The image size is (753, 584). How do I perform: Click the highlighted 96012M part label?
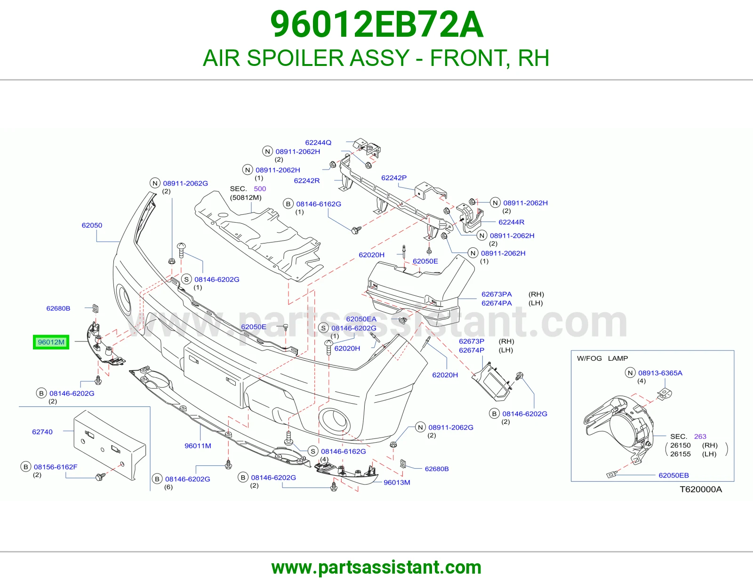[x=51, y=342]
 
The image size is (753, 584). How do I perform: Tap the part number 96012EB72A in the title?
[x=376, y=24]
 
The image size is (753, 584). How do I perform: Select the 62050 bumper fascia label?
[x=92, y=225]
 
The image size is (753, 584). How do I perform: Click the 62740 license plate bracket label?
[x=42, y=432]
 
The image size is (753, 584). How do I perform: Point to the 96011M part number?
[x=198, y=446]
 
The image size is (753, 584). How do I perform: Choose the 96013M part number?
[x=397, y=482]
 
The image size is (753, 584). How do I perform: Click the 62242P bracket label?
[x=394, y=178]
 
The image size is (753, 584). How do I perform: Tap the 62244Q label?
[x=318, y=143]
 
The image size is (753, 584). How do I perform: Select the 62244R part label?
[x=512, y=222]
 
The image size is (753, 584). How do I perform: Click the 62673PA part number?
[x=497, y=294]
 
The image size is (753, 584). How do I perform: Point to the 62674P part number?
[x=472, y=350]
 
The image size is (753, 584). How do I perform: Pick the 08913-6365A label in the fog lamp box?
[x=660, y=373]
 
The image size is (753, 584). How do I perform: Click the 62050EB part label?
[x=673, y=475]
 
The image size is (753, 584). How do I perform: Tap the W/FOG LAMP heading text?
[x=602, y=358]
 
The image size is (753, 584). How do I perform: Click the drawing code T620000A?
[x=701, y=489]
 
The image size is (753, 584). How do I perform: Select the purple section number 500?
[x=260, y=189]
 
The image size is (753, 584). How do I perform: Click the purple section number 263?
[x=700, y=436]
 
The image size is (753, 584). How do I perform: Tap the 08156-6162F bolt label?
[x=56, y=467]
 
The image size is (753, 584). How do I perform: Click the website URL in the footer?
[x=376, y=568]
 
